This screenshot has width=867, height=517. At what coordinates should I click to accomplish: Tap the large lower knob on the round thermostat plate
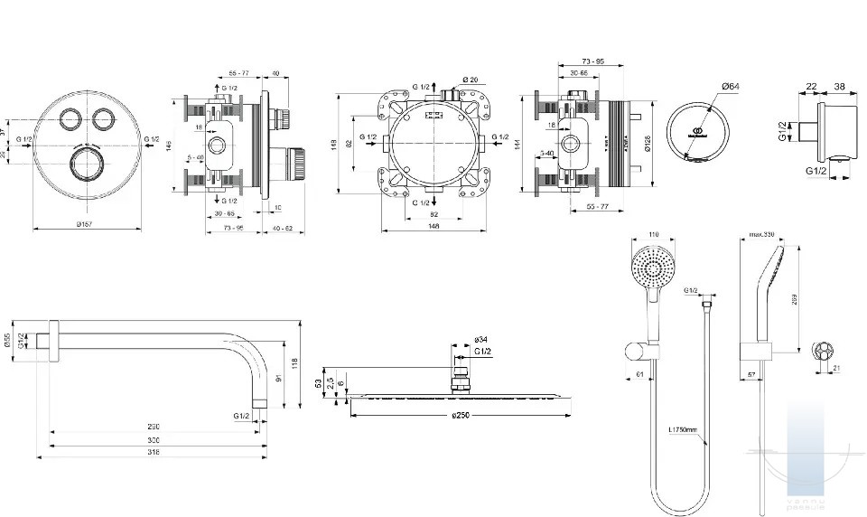[x=85, y=166]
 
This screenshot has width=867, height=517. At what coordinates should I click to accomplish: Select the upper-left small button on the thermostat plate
[x=68, y=119]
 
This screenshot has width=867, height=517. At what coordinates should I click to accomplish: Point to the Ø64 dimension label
[x=730, y=86]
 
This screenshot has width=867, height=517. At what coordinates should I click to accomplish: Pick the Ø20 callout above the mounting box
[x=470, y=80]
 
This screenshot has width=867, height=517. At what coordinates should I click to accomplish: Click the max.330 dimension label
[x=763, y=235]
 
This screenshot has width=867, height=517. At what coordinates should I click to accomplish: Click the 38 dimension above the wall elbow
[x=839, y=87]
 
